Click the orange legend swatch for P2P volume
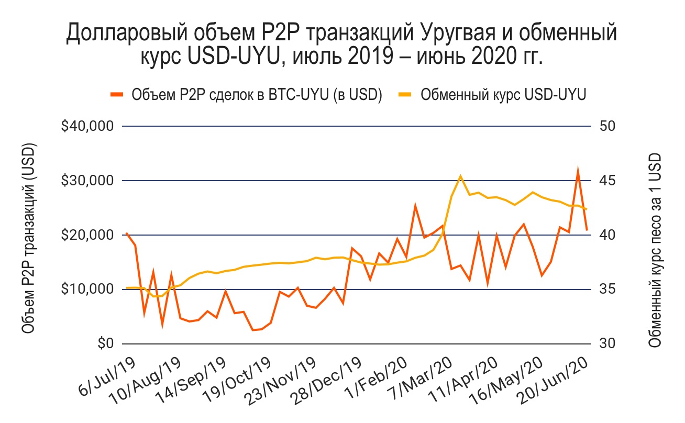pos(117,95)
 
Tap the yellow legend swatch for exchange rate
pos(406,95)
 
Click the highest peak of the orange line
pos(578,170)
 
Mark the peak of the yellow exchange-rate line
pos(460,176)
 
